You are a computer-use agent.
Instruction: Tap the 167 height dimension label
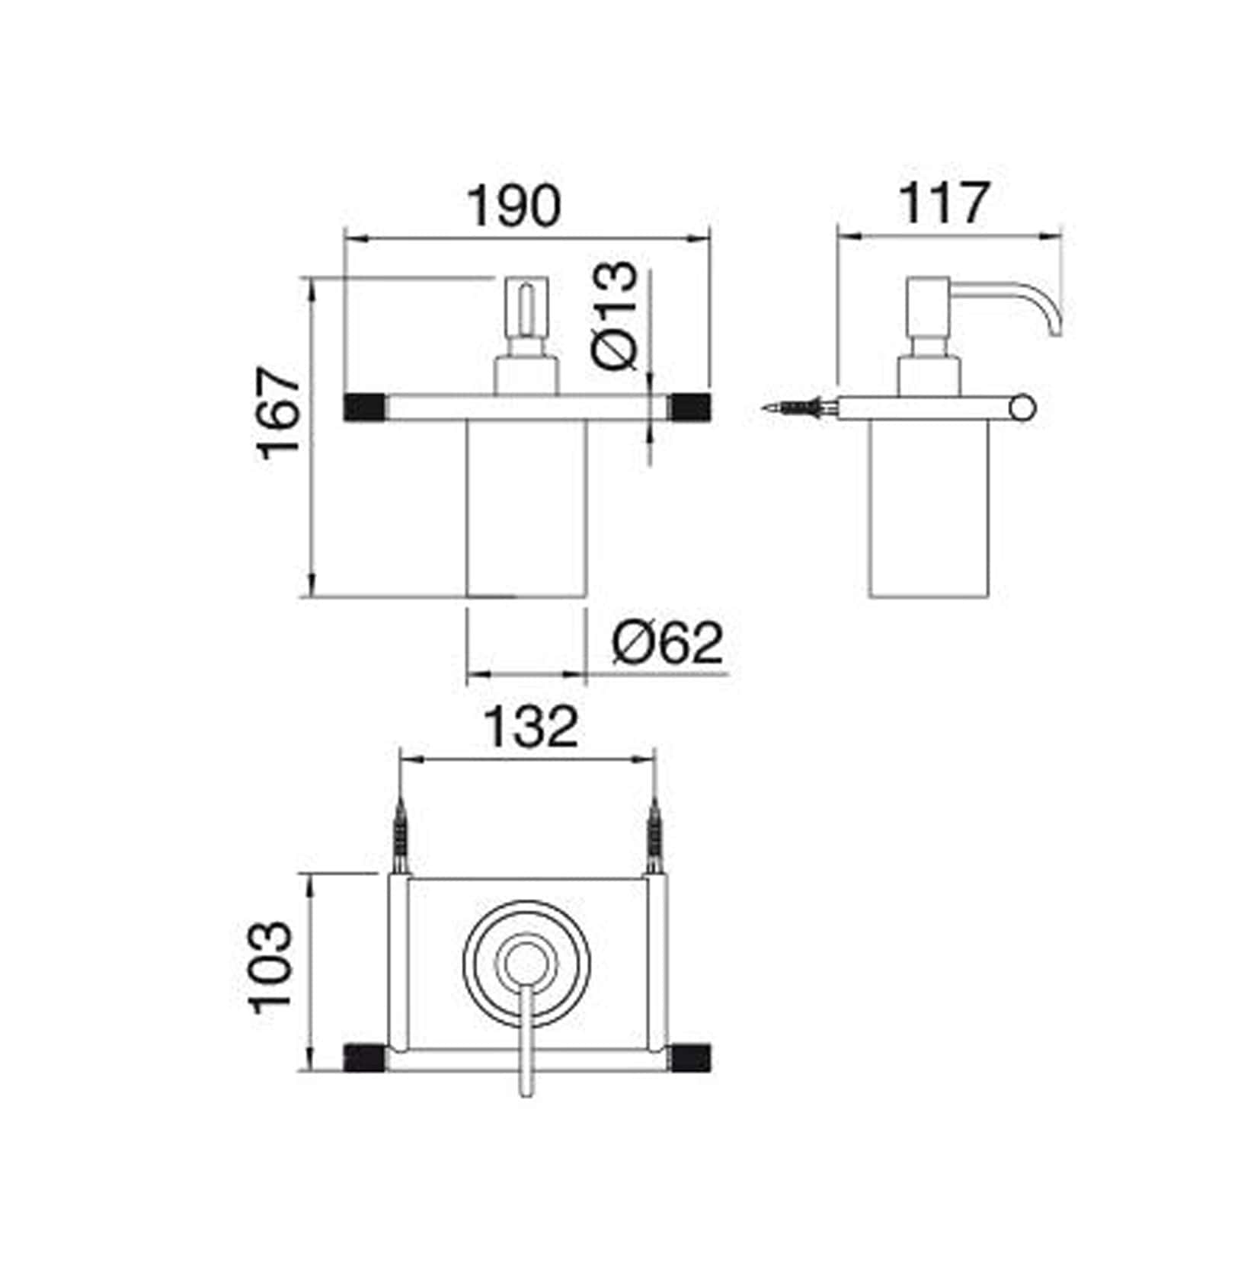tap(280, 414)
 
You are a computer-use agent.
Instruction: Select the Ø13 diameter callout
tap(613, 315)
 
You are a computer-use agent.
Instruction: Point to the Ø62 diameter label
tap(667, 643)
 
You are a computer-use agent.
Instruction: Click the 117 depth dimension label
tap(945, 203)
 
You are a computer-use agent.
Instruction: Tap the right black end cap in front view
tap(690, 407)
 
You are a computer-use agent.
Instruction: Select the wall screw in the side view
tap(800, 408)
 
